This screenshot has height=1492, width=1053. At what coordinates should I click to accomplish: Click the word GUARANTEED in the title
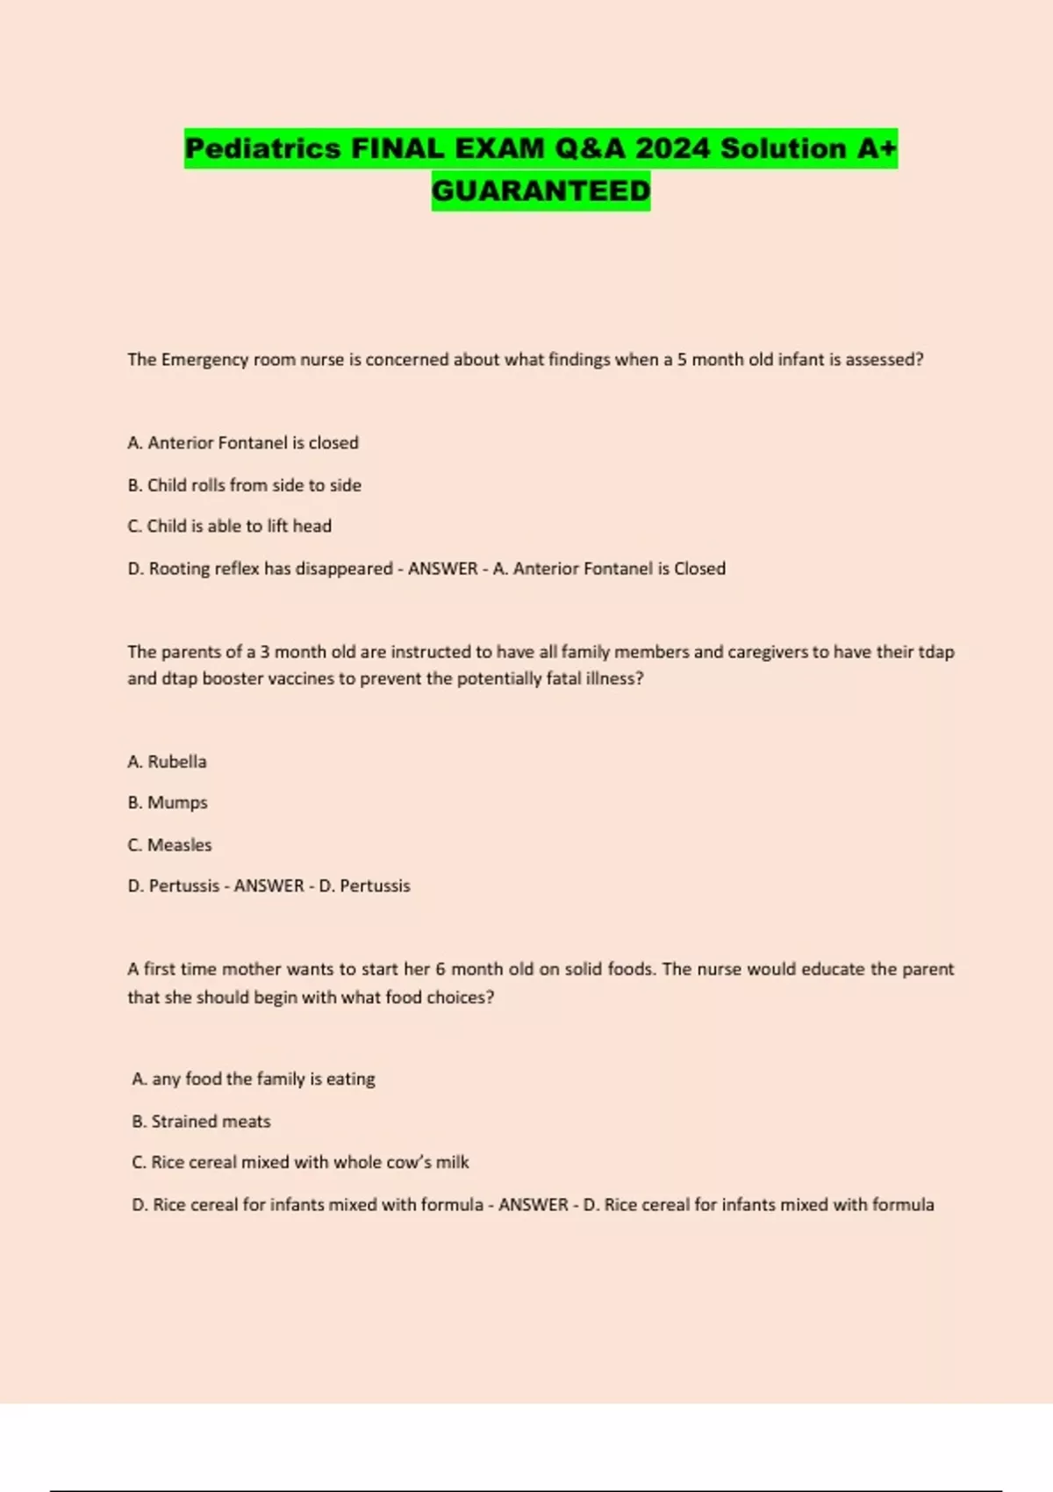point(541,190)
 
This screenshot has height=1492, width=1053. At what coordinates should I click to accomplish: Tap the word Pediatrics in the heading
point(262,148)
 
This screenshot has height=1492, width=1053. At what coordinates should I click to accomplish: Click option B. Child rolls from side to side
point(244,485)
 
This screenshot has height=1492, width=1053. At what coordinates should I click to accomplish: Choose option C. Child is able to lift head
point(229,527)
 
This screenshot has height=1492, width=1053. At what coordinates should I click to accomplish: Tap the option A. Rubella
point(167,762)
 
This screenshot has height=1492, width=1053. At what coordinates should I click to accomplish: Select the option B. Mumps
point(167,803)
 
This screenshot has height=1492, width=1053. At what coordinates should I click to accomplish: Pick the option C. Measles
point(169,845)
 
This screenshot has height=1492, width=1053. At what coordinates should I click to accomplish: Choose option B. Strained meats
point(201,1122)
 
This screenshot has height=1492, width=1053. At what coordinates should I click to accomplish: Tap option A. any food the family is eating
point(253,1080)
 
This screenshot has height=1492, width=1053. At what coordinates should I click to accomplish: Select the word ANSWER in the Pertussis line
point(269,886)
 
